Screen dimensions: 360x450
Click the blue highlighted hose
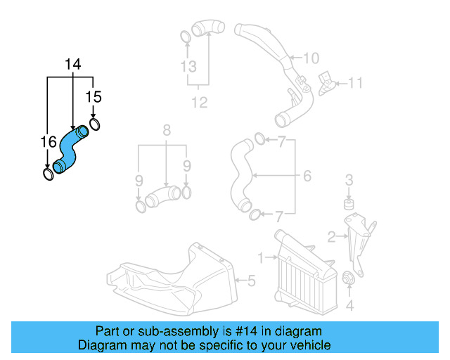(70, 148)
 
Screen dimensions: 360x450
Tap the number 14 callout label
(73, 65)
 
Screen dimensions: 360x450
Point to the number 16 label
(47, 143)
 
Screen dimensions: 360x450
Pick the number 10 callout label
(311, 58)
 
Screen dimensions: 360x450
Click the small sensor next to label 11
(327, 82)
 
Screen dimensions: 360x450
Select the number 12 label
(200, 103)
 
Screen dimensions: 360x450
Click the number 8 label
(167, 130)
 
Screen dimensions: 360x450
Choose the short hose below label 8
(164, 195)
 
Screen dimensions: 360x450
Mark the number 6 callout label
(307, 176)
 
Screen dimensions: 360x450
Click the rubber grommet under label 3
(347, 205)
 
